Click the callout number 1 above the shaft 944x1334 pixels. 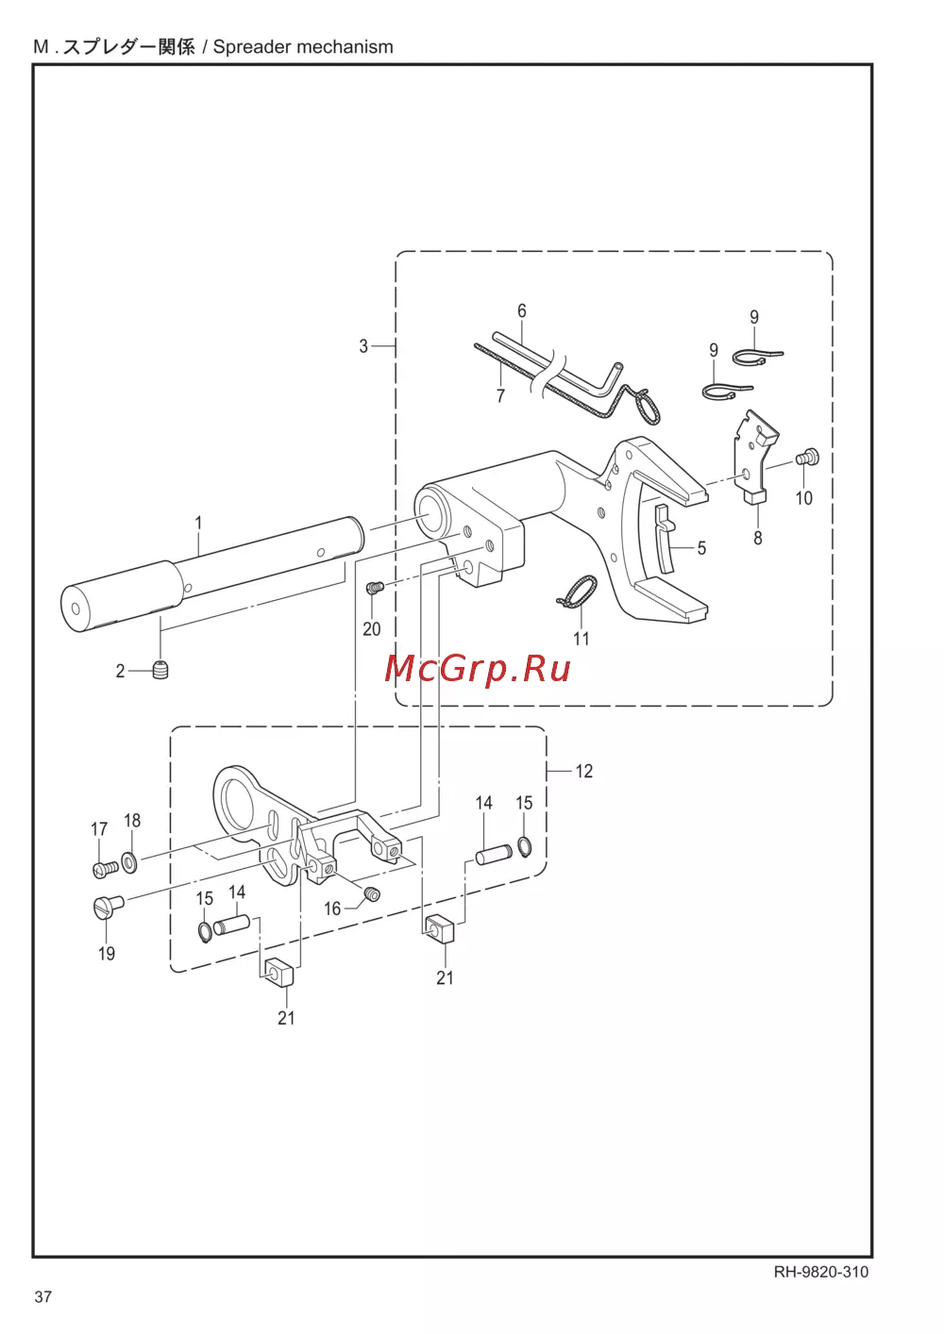198,523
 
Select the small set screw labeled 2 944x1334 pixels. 160,670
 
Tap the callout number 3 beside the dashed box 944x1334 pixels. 363,346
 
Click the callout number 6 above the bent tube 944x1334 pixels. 522,310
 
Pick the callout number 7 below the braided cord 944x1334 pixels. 500,395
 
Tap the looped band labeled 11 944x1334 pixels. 577,593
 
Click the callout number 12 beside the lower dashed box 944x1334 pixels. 584,771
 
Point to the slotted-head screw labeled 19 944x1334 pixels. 108,907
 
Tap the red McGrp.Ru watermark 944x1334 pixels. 478,670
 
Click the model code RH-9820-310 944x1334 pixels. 821,1272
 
